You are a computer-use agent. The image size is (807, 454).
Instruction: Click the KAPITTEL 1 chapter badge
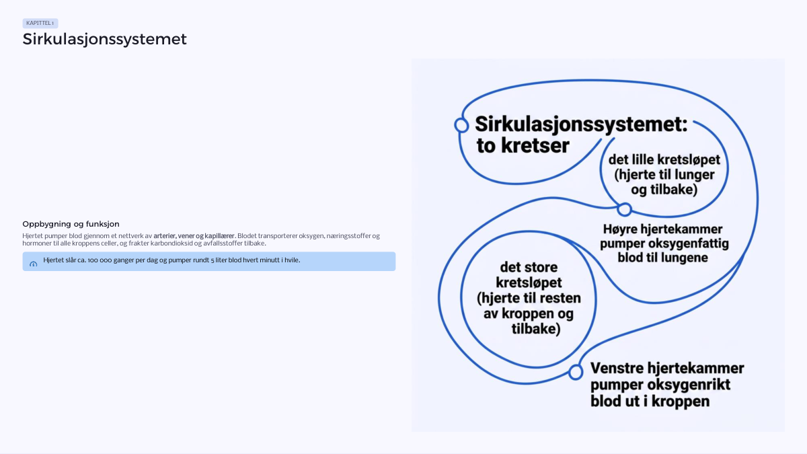pyautogui.click(x=40, y=23)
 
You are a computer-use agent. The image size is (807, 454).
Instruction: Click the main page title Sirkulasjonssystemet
pyautogui.click(x=104, y=39)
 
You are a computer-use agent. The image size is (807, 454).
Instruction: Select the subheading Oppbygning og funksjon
pyautogui.click(x=71, y=224)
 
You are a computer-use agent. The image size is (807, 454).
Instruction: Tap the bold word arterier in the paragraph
pyautogui.click(x=165, y=236)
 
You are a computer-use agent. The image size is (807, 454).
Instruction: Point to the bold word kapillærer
pyautogui.click(x=219, y=236)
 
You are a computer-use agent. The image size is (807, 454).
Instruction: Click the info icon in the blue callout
pyautogui.click(x=33, y=264)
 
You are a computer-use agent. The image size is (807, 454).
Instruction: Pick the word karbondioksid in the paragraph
pyautogui.click(x=171, y=243)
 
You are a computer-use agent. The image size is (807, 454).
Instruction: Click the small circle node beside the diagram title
pyautogui.click(x=461, y=125)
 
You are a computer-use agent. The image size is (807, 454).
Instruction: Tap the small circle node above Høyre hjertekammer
pyautogui.click(x=624, y=209)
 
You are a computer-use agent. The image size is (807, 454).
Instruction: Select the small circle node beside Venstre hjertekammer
pyautogui.click(x=576, y=372)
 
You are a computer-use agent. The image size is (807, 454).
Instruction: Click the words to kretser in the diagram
pyautogui.click(x=523, y=145)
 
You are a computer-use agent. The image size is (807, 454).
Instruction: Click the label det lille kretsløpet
pyautogui.click(x=664, y=159)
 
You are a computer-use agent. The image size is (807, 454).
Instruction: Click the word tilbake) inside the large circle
pyautogui.click(x=536, y=329)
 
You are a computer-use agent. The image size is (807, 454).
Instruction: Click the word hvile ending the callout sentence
pyautogui.click(x=293, y=260)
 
